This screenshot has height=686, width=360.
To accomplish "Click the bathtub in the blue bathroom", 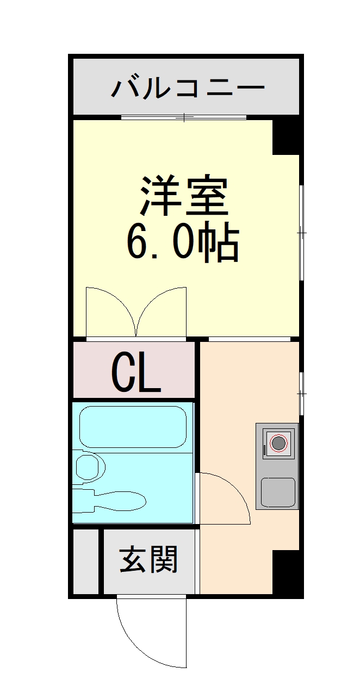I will [x=133, y=427].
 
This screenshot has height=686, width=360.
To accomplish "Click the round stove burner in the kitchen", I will [x=278, y=444].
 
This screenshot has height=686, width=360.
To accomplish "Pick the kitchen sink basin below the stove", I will [x=278, y=492].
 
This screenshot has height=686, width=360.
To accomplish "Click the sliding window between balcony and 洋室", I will [x=184, y=117].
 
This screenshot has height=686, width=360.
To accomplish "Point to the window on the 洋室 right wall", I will [x=301, y=233].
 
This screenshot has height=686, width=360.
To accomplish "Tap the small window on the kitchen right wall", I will [x=301, y=392].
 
